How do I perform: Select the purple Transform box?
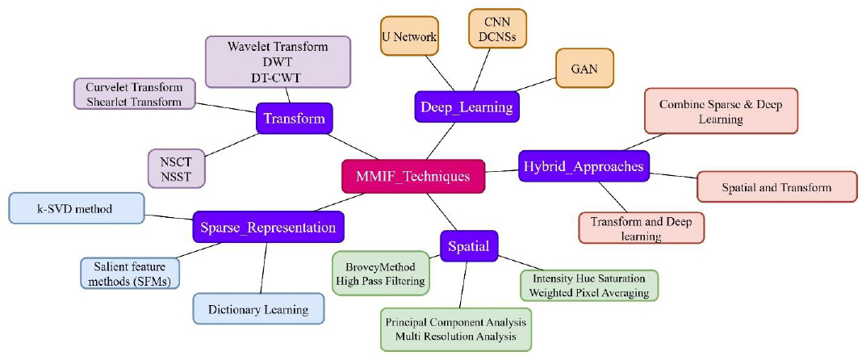pos(294,119)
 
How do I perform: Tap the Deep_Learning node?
pos(467,106)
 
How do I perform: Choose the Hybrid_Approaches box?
pos(584,166)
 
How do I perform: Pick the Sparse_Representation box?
pos(268,227)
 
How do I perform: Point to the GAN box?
pos(584,69)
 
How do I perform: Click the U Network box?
pos(409,36)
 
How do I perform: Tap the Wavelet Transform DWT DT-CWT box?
pos(278,61)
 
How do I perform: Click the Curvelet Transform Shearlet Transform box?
pos(135,94)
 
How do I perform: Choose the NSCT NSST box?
pos(176,169)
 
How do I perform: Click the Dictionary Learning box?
pos(259,309)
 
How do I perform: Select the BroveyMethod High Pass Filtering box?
pos(381,274)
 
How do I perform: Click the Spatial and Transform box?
pos(776,186)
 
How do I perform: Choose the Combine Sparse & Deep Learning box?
pos(721,111)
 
